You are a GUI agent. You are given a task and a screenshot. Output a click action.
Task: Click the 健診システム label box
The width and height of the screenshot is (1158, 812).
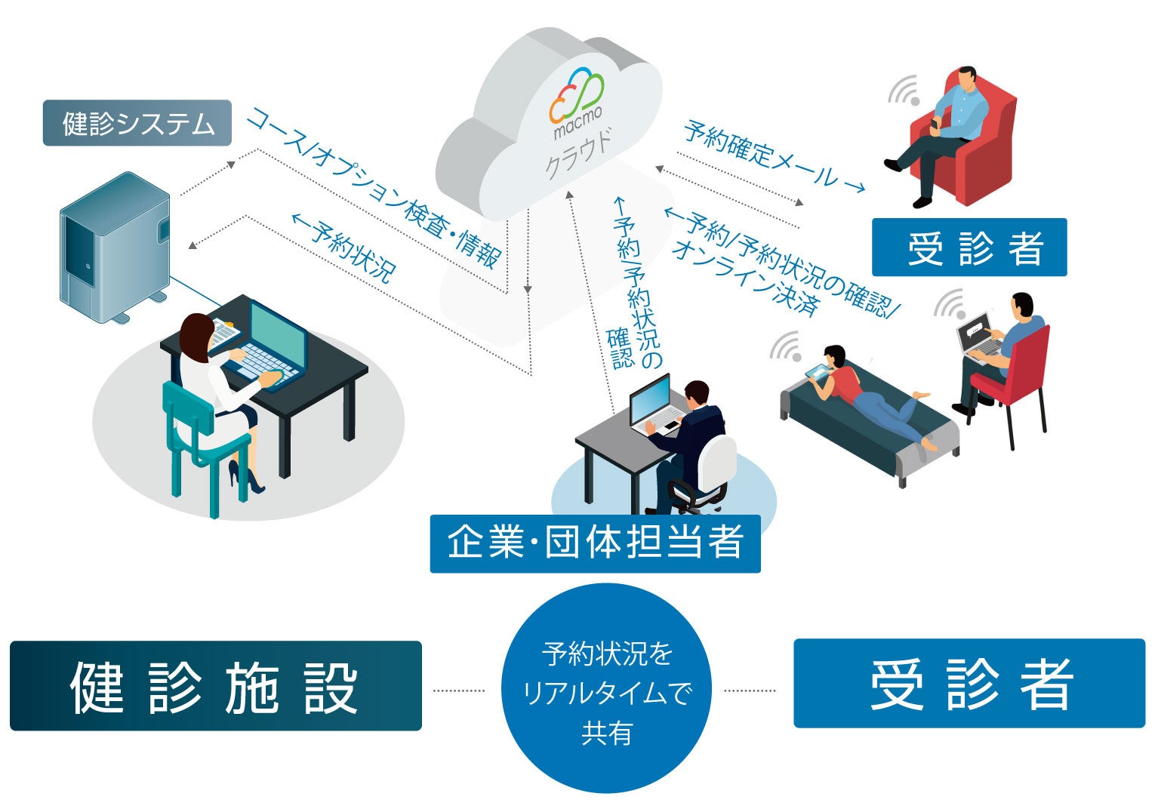[137, 123]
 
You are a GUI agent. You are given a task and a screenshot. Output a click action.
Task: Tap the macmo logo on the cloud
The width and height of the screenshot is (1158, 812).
[577, 103]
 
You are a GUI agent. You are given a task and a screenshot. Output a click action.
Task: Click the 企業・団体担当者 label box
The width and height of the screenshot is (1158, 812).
[595, 543]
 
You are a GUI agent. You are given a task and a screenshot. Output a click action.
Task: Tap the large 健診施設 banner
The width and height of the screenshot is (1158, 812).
[215, 686]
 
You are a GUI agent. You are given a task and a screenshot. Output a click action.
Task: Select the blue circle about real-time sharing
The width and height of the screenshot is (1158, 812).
[606, 690]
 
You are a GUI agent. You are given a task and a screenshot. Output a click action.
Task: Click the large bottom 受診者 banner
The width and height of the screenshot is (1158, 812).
[969, 684]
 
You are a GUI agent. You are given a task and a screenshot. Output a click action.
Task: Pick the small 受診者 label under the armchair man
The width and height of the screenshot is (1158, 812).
[969, 248]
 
